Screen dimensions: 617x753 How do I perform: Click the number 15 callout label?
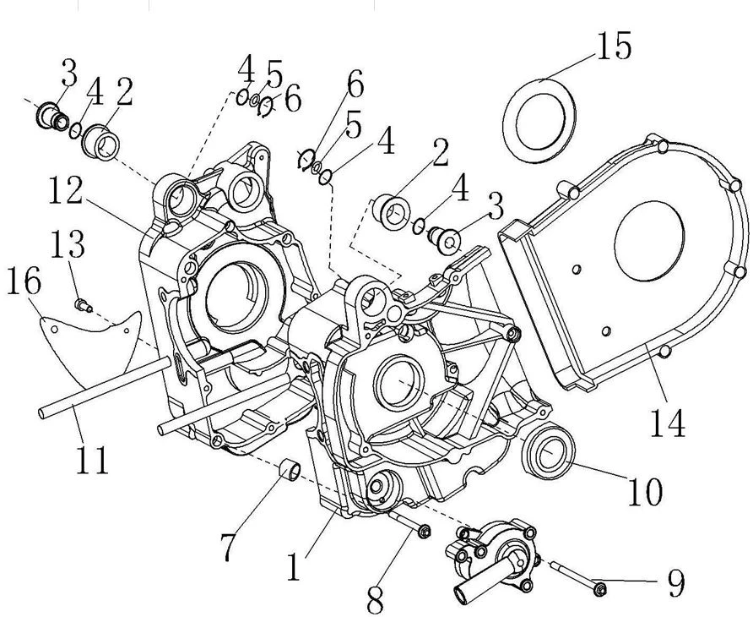pyautogui.click(x=614, y=46)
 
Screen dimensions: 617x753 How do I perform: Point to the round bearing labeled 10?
pyautogui.click(x=550, y=451)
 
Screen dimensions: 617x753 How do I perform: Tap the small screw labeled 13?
pyautogui.click(x=82, y=304)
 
